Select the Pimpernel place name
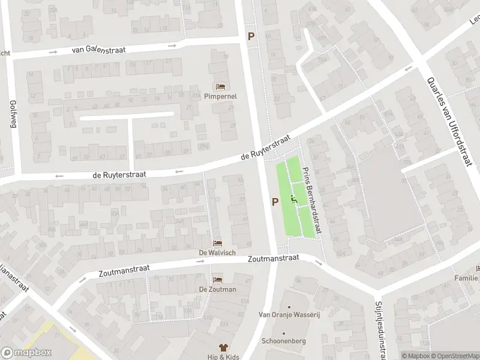coord(220,96)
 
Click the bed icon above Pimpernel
coord(220,86)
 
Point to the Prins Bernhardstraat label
coord(312,200)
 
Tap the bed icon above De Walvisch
coord(217,243)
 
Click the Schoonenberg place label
coord(283,341)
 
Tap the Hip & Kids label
coord(224,357)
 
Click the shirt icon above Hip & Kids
coord(224,347)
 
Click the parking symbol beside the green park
coord(275,202)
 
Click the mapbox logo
coord(26,353)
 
